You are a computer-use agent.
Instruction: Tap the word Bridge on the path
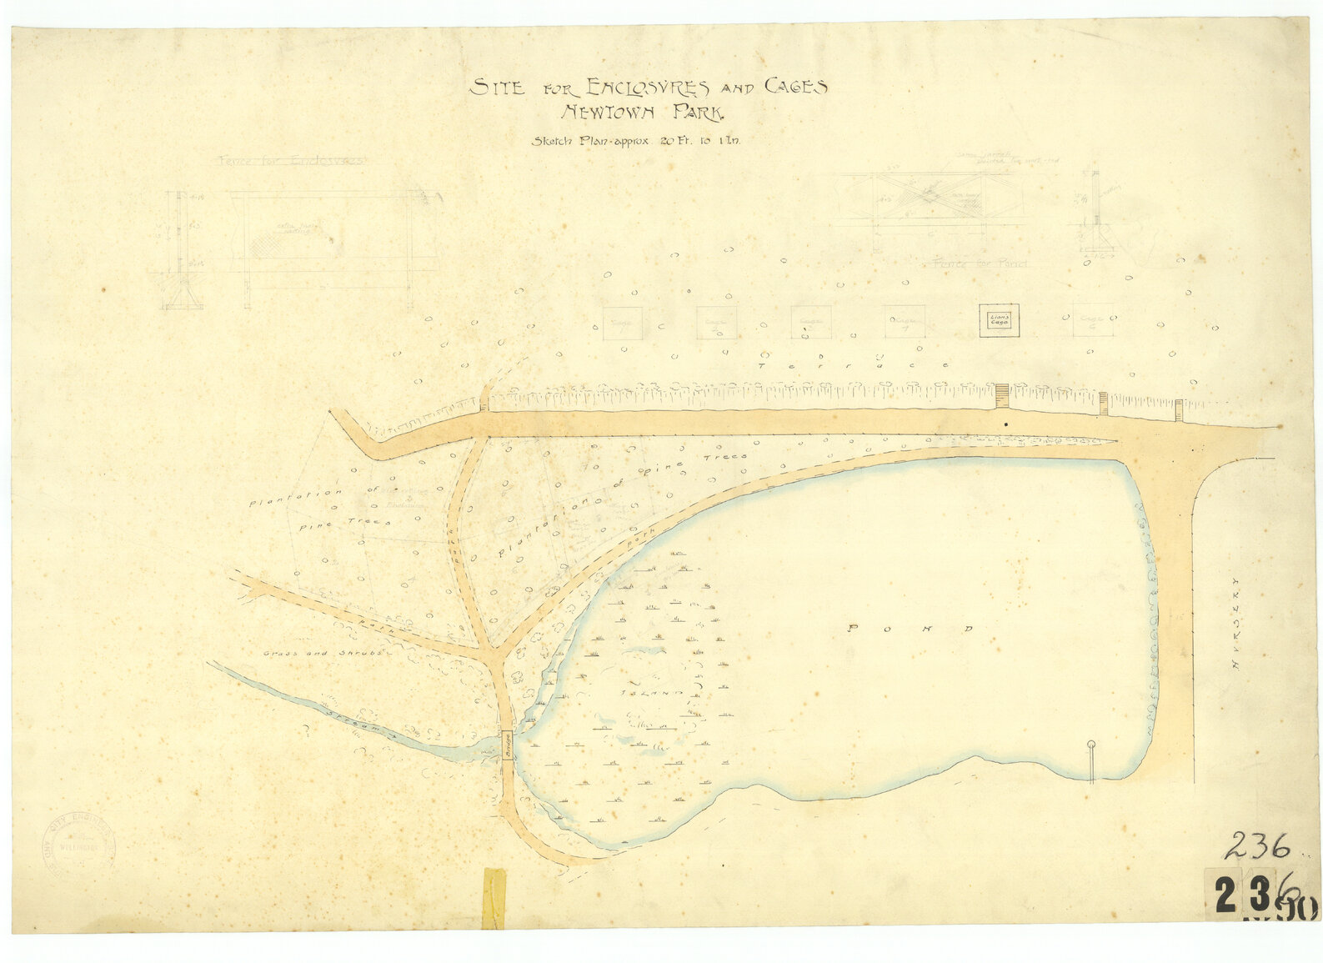(507, 745)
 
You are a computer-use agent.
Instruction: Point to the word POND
(908, 628)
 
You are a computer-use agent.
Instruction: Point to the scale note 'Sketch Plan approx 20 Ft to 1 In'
(636, 141)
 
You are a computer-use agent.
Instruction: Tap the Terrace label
(854, 365)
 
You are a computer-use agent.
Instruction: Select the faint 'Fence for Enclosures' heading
(291, 160)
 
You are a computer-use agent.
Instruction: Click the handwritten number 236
(1257, 846)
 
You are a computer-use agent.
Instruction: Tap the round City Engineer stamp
(79, 844)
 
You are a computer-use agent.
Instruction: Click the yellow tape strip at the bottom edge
(494, 898)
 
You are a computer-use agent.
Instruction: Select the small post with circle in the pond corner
(1091, 760)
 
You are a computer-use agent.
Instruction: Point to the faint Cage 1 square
(623, 323)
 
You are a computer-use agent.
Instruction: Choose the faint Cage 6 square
(1093, 319)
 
